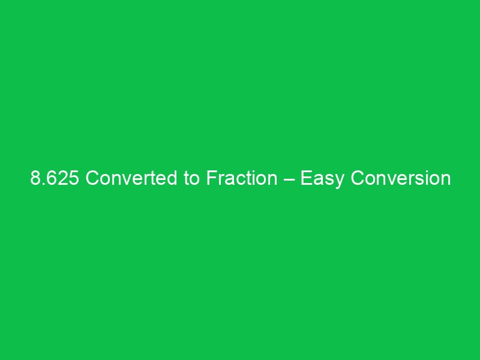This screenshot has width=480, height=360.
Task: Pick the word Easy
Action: click(x=322, y=179)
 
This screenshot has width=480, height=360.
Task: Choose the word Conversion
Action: click(x=400, y=179)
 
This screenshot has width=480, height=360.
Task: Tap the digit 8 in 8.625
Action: click(x=36, y=179)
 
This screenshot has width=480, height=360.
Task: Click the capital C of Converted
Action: click(x=92, y=179)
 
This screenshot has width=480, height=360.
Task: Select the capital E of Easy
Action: click(x=305, y=179)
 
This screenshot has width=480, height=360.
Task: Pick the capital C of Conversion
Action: click(x=358, y=179)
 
